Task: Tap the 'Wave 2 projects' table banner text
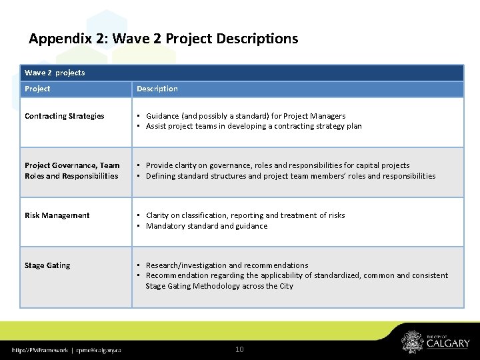point(55,72)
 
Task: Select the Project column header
point(37,89)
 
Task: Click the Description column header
point(157,89)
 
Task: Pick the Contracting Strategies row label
point(65,116)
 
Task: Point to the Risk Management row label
point(57,215)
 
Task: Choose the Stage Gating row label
point(47,265)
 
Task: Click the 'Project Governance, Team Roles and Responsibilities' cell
point(72,171)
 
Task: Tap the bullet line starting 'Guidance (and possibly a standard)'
point(245,116)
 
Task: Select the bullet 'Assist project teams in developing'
point(253,126)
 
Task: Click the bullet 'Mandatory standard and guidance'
point(206,226)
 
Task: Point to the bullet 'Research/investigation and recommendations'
point(227,265)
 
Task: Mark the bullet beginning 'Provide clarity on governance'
point(277,165)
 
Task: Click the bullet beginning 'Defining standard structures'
point(290,176)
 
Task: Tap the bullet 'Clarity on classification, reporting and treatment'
point(245,215)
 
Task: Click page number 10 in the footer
point(241,349)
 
